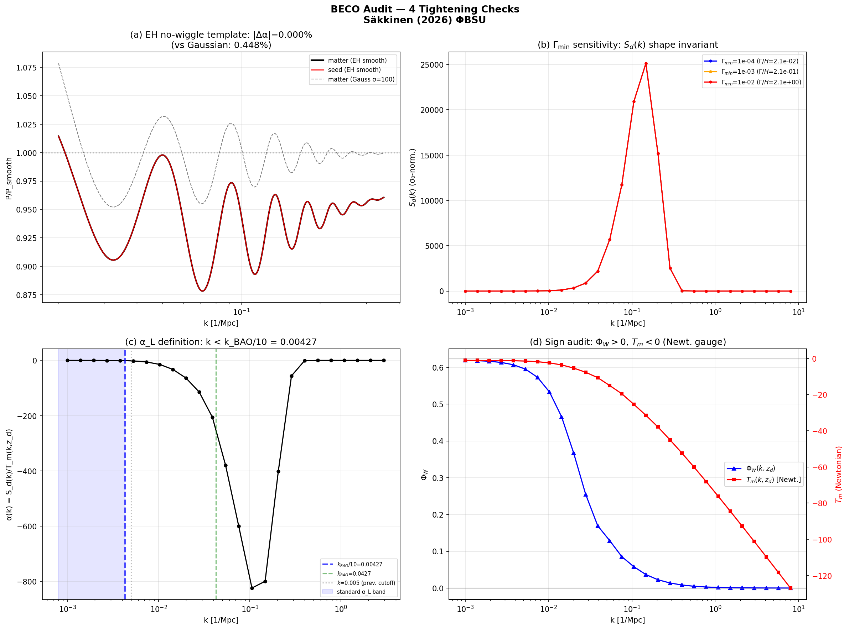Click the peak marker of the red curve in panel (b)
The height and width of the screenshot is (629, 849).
[646, 64]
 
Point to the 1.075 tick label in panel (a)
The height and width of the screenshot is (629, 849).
[26, 68]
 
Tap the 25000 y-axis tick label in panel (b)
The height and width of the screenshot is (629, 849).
[432, 65]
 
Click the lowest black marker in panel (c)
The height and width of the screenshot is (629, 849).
[252, 588]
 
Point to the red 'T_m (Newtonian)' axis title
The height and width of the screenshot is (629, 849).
[838, 475]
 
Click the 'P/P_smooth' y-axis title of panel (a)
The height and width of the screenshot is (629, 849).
[9, 179]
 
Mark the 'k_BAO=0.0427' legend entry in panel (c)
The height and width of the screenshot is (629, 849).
[354, 574]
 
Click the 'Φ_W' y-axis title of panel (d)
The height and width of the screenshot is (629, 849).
[424, 475]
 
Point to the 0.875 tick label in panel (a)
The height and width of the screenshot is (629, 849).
[26, 295]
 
